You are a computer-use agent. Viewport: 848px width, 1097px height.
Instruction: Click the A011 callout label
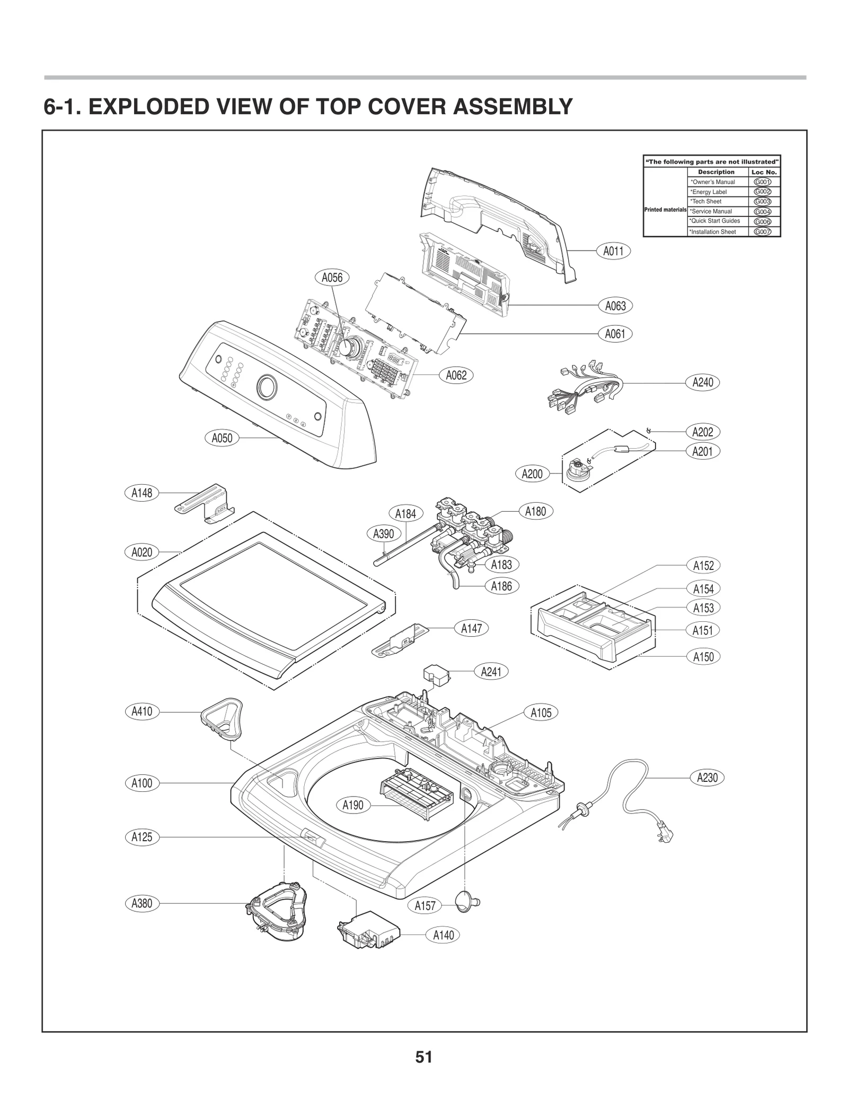coord(613,251)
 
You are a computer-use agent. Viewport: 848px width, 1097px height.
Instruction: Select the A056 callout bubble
coord(332,277)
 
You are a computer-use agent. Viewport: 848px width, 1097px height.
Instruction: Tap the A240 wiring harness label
coord(703,382)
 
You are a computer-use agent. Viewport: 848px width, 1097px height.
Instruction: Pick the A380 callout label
coord(142,903)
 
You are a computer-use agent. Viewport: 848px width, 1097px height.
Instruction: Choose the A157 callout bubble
coord(425,906)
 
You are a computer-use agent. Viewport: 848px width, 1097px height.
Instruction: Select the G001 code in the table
coord(762,182)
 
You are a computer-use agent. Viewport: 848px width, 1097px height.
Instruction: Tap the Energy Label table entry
coord(708,192)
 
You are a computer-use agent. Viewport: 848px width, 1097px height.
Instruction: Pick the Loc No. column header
coord(764,172)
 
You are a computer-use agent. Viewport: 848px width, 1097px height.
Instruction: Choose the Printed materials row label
coord(665,210)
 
